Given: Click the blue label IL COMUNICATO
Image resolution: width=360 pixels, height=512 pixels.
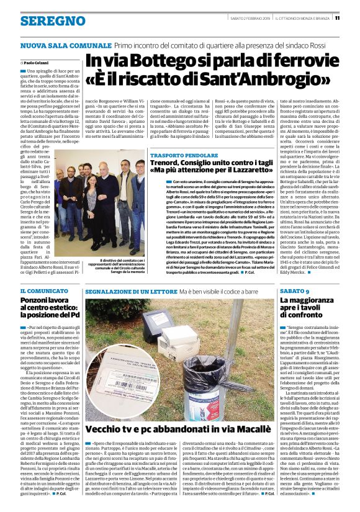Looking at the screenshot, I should pos(40,291).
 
